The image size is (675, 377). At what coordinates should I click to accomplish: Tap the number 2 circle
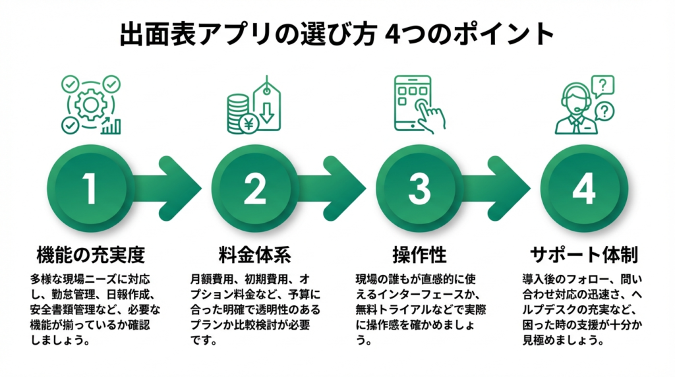point(254,188)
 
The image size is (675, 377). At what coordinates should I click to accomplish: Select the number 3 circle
point(419,188)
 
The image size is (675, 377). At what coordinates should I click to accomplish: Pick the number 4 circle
point(583,188)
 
